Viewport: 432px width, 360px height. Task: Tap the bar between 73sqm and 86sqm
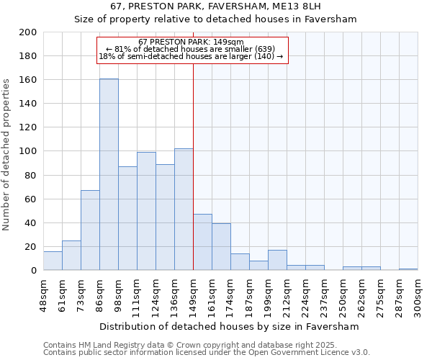tap(90, 230)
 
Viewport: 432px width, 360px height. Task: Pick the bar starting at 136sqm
tap(184, 209)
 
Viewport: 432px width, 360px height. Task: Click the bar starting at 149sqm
tap(202, 242)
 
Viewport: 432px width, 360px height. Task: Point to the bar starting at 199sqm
tap(277, 260)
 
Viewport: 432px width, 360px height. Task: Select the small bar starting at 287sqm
tap(408, 269)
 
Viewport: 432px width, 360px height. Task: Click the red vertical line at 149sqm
tap(193, 180)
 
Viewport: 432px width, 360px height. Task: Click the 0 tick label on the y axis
tap(34, 271)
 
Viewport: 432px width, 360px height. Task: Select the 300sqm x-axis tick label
tap(418, 295)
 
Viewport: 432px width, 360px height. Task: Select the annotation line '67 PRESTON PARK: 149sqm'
tap(192, 42)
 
